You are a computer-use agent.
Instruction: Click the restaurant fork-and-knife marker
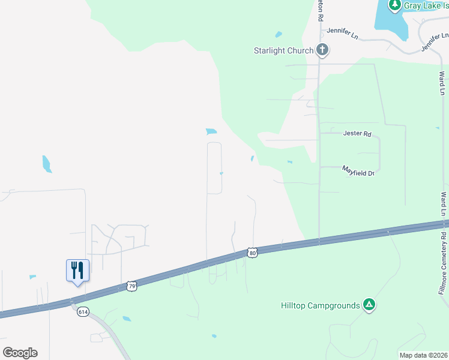point(77,270)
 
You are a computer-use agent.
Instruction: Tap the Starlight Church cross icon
point(322,50)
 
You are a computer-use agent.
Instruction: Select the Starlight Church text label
point(283,50)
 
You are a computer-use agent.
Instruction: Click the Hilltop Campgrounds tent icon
point(370,305)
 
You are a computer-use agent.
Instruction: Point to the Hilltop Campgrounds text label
point(321,305)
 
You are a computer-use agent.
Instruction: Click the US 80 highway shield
point(252,253)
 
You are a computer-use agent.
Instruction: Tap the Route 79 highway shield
point(133,286)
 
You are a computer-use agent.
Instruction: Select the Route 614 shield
point(83,311)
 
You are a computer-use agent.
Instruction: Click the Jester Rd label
point(357,133)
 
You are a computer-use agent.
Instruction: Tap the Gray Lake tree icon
point(394,5)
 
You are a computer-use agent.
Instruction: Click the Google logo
point(20,352)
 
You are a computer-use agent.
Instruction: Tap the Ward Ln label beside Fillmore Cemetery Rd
point(444,204)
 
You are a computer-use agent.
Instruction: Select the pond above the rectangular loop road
point(211,131)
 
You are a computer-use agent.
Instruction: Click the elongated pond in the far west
point(47,164)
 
